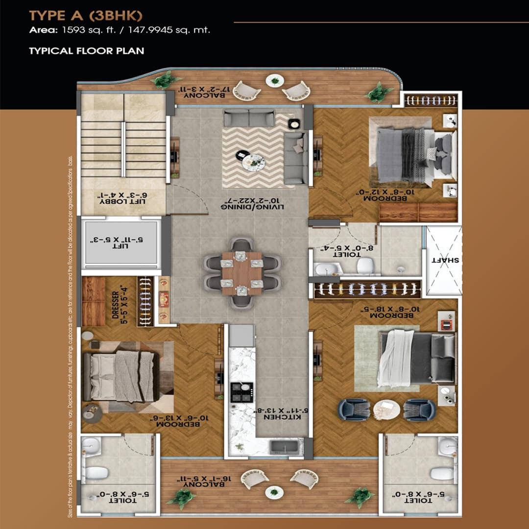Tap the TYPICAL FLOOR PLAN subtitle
click(x=86, y=50)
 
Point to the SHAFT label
click(x=445, y=260)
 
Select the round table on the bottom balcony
click(x=274, y=492)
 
